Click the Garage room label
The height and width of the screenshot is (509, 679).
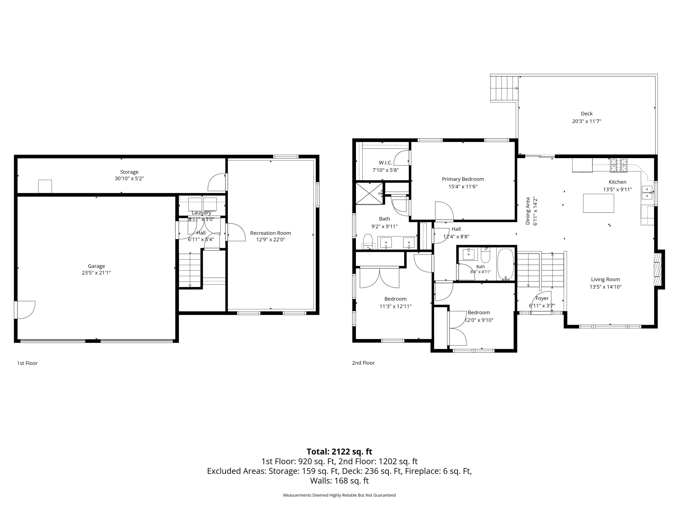(x=96, y=266)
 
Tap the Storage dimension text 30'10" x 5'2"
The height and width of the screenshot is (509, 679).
(x=129, y=178)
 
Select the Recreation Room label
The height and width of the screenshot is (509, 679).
(x=270, y=233)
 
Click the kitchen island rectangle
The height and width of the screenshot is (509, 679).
(x=598, y=203)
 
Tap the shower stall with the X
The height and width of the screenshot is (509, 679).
(x=370, y=193)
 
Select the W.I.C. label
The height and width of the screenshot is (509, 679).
(x=385, y=163)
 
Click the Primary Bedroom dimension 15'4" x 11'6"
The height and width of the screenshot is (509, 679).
(x=463, y=187)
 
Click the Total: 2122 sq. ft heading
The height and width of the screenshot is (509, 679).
(x=339, y=452)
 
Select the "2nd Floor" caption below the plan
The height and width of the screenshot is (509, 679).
(x=363, y=363)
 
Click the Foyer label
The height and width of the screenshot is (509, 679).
(x=542, y=298)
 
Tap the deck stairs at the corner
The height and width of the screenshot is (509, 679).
(x=504, y=88)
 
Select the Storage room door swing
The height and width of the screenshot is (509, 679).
(x=217, y=182)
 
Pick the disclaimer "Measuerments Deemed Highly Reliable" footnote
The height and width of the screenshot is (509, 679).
(x=339, y=495)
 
